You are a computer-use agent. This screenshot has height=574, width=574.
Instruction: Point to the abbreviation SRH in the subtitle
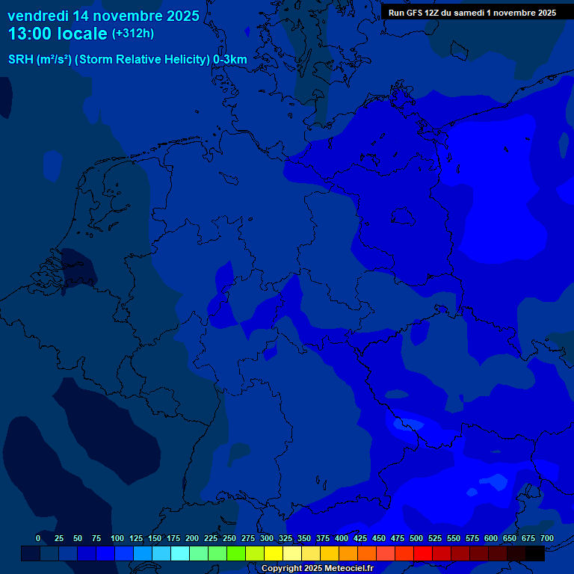pos(20,60)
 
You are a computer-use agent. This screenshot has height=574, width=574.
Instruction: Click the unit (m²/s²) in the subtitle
pos(54,60)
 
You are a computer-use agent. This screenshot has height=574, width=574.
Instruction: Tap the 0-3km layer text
pos(229,60)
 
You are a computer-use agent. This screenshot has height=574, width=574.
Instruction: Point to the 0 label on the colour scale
pos(38,538)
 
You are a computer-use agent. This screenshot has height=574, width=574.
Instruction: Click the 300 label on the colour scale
pos(267,538)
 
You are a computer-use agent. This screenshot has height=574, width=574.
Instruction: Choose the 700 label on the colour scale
pos(547,538)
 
